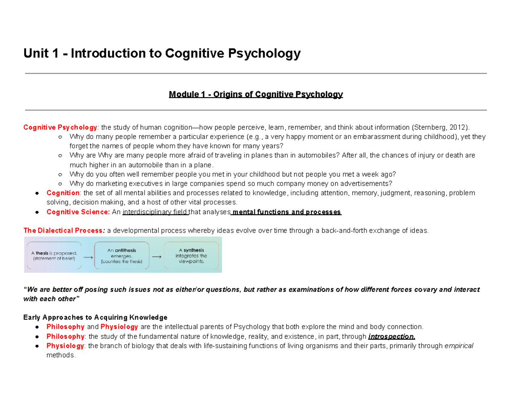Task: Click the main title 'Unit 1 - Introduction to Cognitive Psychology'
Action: pos(162,54)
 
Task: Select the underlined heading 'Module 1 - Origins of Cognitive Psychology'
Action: pos(256,94)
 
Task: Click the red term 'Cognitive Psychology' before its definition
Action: pos(60,127)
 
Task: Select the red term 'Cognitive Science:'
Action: pos(78,212)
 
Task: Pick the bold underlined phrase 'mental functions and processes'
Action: pos(286,212)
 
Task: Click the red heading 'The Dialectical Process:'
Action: pos(64,231)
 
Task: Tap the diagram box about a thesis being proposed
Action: pos(54,255)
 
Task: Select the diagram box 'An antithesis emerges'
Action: pos(122,256)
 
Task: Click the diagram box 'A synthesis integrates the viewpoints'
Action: pos(191,256)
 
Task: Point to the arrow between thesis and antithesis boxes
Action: pos(87,257)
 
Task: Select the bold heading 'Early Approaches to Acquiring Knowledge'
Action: pos(95,317)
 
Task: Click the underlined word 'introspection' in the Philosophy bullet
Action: pos(391,337)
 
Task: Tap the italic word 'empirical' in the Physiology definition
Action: pos(459,346)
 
